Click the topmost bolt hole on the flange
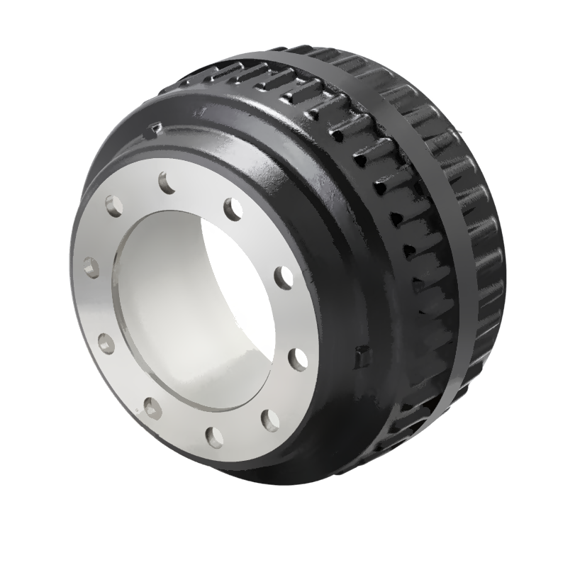tap(167, 183)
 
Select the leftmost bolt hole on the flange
tap(90, 268)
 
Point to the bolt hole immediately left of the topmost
tap(114, 206)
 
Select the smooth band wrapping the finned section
tap(425, 234)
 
